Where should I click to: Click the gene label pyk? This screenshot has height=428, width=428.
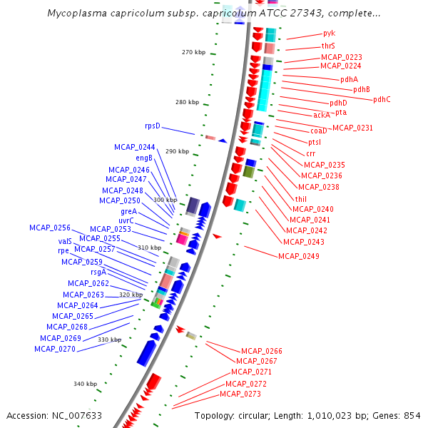[329, 33]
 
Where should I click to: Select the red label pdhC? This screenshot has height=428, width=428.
[382, 100]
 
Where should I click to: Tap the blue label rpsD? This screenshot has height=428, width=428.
[153, 126]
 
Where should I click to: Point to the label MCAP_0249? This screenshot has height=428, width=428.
[299, 256]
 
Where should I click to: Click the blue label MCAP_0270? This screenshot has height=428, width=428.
[54, 349]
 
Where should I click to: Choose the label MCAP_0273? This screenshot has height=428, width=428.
[240, 394]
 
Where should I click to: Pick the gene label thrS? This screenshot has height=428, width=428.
[328, 46]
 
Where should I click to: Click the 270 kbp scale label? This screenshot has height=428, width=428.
[193, 52]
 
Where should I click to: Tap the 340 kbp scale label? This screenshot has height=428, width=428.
[85, 384]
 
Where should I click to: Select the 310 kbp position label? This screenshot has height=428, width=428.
[149, 248]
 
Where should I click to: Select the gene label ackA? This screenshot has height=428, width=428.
[322, 115]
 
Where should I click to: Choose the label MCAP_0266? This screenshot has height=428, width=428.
[262, 351]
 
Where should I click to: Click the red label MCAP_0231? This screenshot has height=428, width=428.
[353, 128]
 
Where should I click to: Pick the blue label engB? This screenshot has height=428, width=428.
[144, 158]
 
